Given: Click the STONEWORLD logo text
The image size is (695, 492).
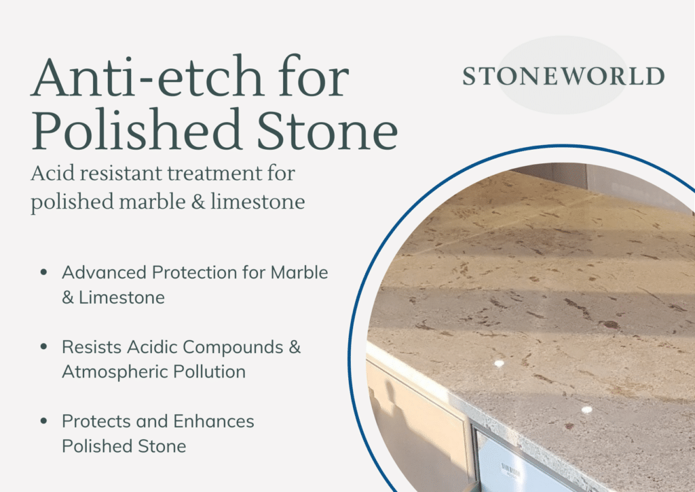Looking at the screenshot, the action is [x=563, y=76].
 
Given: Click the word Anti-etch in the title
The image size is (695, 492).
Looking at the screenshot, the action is [x=147, y=76].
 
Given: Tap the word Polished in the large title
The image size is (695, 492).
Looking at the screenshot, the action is [x=137, y=129].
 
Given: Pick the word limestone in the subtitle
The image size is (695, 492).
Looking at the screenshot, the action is [x=257, y=202].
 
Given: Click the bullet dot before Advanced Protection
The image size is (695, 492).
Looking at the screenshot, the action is [x=43, y=272].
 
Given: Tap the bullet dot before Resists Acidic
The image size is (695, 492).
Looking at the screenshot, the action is [x=43, y=346].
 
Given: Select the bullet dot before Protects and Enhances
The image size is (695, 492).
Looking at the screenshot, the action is [x=43, y=421].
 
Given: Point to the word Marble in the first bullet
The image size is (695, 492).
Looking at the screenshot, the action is [x=299, y=272].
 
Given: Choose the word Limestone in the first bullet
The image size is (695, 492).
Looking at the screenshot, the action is [x=122, y=298].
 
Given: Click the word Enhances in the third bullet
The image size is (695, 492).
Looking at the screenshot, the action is [x=214, y=422].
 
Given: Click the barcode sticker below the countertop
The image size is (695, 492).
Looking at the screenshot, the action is [x=510, y=470].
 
